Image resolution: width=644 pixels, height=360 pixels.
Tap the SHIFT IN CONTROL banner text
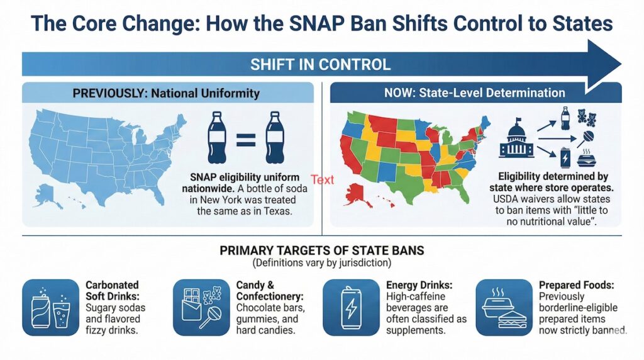tap(320, 64)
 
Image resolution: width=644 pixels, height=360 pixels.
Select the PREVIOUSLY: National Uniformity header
tap(166, 93)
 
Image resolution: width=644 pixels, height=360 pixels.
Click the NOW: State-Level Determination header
tap(474, 93)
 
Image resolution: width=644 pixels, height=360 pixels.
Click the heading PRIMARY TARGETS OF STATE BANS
tap(321, 250)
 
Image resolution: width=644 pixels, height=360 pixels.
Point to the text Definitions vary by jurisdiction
tap(321, 262)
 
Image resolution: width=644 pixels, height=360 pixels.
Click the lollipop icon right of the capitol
tap(589, 138)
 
